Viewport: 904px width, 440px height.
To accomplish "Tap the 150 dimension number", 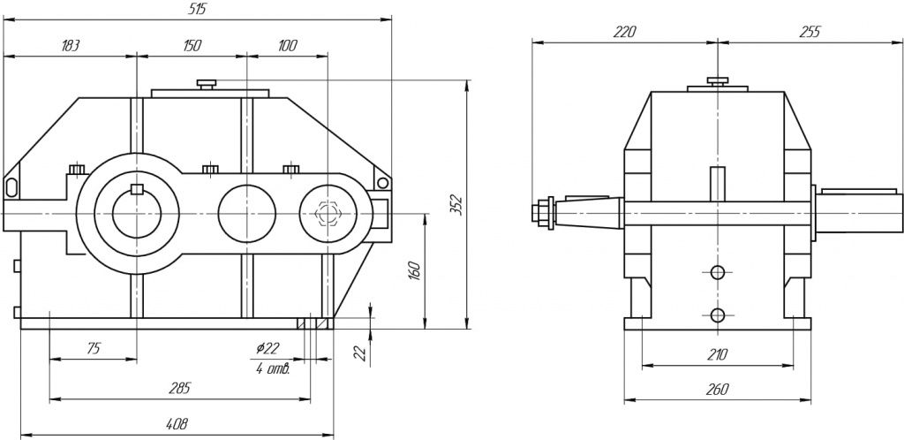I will pyautogui.click(x=191, y=46).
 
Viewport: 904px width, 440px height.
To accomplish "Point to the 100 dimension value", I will pyautogui.click(x=287, y=46).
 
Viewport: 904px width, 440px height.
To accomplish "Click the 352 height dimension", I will pyautogui.click(x=456, y=204).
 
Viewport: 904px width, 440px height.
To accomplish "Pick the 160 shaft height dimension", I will pyautogui.click(x=414, y=269).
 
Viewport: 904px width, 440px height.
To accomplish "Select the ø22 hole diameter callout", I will pyautogui.click(x=267, y=350).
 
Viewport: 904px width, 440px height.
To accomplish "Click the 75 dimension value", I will pyautogui.click(x=92, y=350).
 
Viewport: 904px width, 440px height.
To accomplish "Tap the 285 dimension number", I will pyautogui.click(x=179, y=388).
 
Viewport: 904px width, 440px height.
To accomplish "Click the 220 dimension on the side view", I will pyautogui.click(x=624, y=32).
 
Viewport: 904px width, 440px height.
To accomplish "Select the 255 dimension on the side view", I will pyautogui.click(x=809, y=32).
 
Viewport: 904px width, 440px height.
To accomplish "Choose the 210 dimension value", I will pyautogui.click(x=717, y=355).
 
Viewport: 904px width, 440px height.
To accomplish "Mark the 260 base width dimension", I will pyautogui.click(x=717, y=389).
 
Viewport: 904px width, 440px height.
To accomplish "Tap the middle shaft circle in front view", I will pyautogui.click(x=247, y=212).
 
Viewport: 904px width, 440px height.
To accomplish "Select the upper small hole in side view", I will pyautogui.click(x=718, y=272).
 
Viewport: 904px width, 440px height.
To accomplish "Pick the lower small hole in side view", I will pyautogui.click(x=718, y=314).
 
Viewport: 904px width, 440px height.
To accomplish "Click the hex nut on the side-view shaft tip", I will pyautogui.click(x=538, y=213).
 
